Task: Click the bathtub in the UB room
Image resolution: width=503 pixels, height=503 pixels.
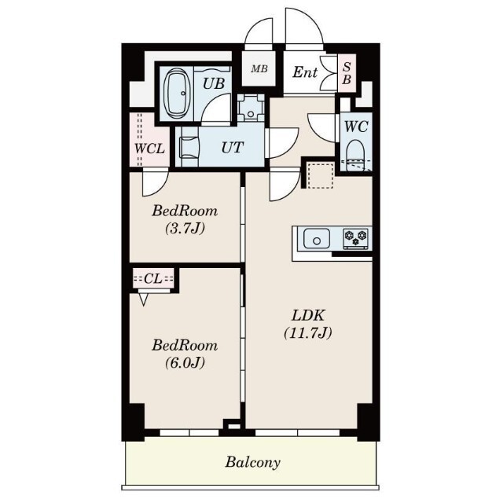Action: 177,94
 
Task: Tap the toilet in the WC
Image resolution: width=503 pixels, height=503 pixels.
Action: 356,155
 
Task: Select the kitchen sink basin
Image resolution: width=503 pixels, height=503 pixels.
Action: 316,238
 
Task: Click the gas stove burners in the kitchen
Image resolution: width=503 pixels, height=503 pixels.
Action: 355,238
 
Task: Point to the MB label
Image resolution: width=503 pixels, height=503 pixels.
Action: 259,69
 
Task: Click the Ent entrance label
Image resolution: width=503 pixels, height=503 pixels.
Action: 305,72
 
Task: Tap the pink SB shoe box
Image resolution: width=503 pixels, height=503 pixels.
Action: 347,73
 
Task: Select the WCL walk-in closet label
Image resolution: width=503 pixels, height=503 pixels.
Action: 149,149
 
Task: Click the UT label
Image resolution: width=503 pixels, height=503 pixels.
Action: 233,147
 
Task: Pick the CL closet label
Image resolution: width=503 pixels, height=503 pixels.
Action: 153,279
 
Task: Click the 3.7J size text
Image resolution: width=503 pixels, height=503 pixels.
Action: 185,229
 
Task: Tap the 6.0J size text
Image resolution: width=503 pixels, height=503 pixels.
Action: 185,363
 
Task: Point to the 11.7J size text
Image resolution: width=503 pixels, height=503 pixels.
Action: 308,332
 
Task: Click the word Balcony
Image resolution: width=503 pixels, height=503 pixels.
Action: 253,462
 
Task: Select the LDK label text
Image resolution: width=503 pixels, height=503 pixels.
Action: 308,316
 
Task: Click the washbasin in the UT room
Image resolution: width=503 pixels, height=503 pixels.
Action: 189,147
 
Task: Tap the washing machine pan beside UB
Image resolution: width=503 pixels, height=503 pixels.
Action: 251,108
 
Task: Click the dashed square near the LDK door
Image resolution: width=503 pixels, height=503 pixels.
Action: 321,175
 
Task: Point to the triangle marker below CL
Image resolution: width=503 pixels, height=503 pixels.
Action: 143,299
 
